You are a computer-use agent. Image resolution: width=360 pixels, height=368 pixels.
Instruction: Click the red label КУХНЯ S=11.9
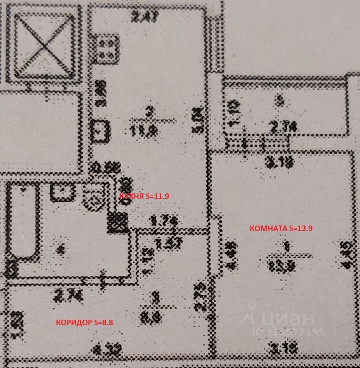(x=144, y=195)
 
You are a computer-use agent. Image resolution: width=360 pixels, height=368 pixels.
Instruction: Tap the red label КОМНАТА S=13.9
(x=281, y=228)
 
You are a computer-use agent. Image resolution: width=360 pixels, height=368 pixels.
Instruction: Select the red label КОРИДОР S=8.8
(x=84, y=322)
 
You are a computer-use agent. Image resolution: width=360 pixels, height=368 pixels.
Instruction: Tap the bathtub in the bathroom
(x=22, y=222)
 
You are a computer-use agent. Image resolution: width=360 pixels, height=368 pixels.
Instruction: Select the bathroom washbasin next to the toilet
(x=62, y=192)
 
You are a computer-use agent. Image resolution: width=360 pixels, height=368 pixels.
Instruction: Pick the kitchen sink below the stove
(x=101, y=130)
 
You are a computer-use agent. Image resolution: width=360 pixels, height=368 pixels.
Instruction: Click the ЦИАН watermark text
(x=286, y=318)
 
